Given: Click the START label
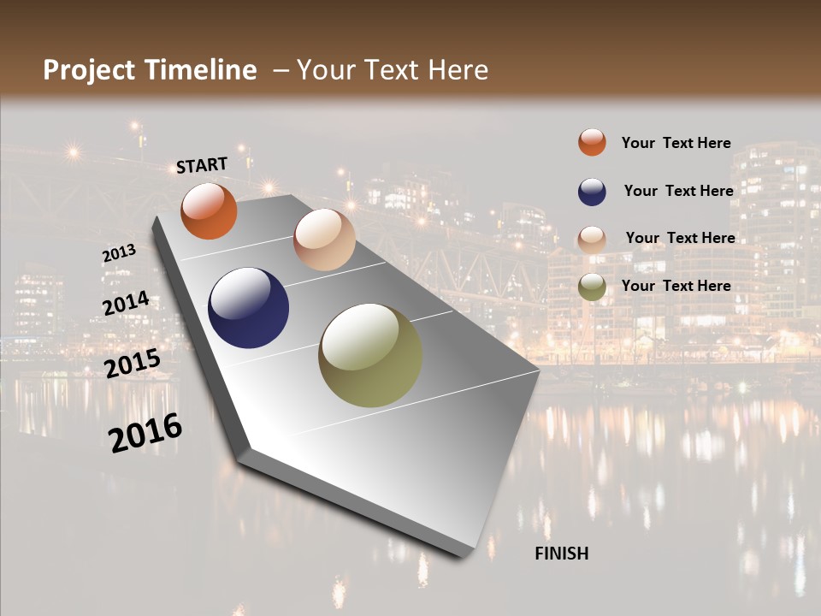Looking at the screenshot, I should click(202, 165).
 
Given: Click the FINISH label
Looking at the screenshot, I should click(562, 554).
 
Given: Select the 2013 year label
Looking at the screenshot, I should click(119, 253).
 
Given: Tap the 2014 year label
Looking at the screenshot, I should click(126, 304).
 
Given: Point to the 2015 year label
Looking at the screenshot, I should click(133, 364).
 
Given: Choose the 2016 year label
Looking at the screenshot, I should click(145, 432).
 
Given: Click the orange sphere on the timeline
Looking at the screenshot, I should click(209, 210).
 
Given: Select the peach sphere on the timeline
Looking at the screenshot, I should click(324, 239).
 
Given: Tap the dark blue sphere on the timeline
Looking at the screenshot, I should click(248, 308).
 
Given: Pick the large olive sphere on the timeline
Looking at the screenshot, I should click(370, 355).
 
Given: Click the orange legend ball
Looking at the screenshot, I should click(592, 142).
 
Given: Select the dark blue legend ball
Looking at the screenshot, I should click(592, 191).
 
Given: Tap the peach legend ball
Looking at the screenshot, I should click(592, 239).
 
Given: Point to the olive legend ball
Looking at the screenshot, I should click(592, 287).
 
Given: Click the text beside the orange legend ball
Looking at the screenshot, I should click(676, 144).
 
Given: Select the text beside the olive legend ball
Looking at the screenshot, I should click(676, 286).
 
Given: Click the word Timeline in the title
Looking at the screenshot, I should click(200, 70).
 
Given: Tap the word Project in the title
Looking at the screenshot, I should click(89, 70).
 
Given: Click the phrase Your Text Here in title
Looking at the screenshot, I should click(393, 70).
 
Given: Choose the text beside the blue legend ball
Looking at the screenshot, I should click(678, 191).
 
